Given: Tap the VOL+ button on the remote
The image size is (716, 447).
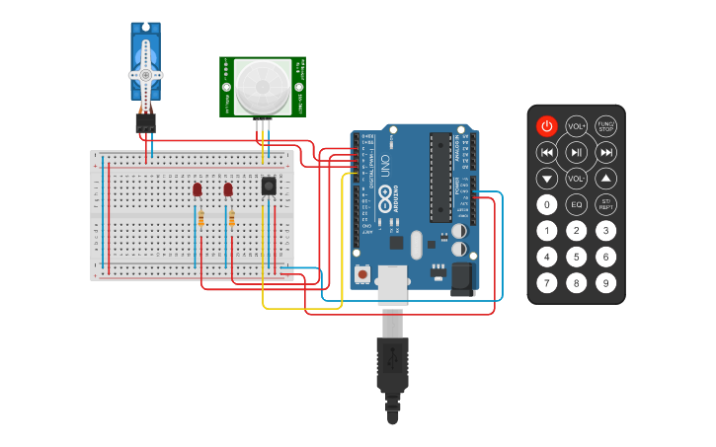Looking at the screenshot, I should [x=577, y=126].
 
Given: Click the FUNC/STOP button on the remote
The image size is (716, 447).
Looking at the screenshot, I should [x=606, y=126].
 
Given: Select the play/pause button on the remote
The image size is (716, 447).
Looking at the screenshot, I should [x=577, y=152].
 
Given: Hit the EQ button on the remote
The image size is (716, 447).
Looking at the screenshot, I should [x=577, y=205].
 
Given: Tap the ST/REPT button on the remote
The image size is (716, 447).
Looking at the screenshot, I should [x=606, y=205].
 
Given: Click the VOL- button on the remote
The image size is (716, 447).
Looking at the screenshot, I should [x=577, y=179].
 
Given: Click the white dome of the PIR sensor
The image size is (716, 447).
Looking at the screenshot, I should [x=263, y=87].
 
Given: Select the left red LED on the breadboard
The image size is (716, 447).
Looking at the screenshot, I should [x=198, y=188].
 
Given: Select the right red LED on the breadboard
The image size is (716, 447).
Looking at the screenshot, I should [x=228, y=188].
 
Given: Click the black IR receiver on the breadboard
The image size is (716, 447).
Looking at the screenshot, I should [x=268, y=185].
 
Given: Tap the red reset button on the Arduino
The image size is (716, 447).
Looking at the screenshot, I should [x=363, y=273].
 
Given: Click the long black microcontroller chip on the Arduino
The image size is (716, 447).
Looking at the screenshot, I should [x=439, y=178].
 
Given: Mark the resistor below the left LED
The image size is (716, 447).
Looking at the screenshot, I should [x=201, y=218].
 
